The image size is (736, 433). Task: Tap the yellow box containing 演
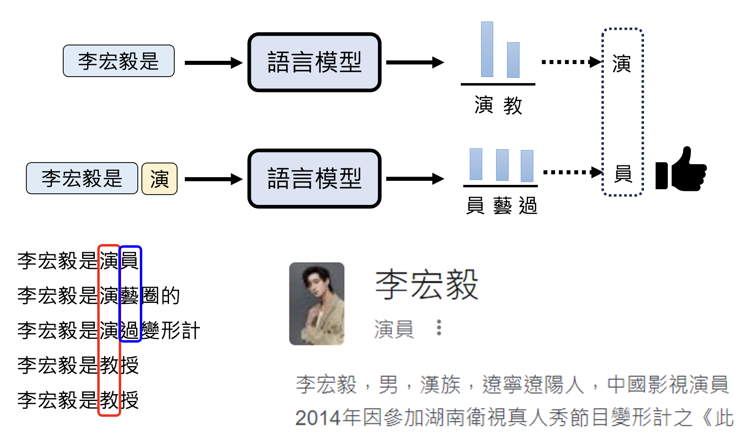[159, 179]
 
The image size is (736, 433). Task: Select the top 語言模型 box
[315, 62]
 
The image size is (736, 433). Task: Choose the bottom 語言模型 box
[315, 179]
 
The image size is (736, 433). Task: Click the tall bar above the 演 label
[487, 49]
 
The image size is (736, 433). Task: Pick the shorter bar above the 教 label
[513, 60]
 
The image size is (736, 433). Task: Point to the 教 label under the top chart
[513, 106]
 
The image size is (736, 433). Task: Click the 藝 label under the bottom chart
[503, 206]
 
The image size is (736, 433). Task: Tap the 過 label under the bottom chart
[528, 206]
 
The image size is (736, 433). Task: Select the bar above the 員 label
[476, 164]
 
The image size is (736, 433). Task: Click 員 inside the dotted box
[623, 174]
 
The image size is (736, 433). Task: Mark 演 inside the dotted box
[622, 64]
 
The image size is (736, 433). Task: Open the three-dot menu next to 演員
[439, 328]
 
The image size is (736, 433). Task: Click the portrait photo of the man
[317, 304]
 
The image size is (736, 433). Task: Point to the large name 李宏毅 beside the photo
[426, 285]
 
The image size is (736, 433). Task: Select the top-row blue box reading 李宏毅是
[118, 61]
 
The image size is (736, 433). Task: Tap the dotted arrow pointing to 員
[572, 172]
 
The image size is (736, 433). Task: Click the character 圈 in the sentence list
[150, 296]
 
